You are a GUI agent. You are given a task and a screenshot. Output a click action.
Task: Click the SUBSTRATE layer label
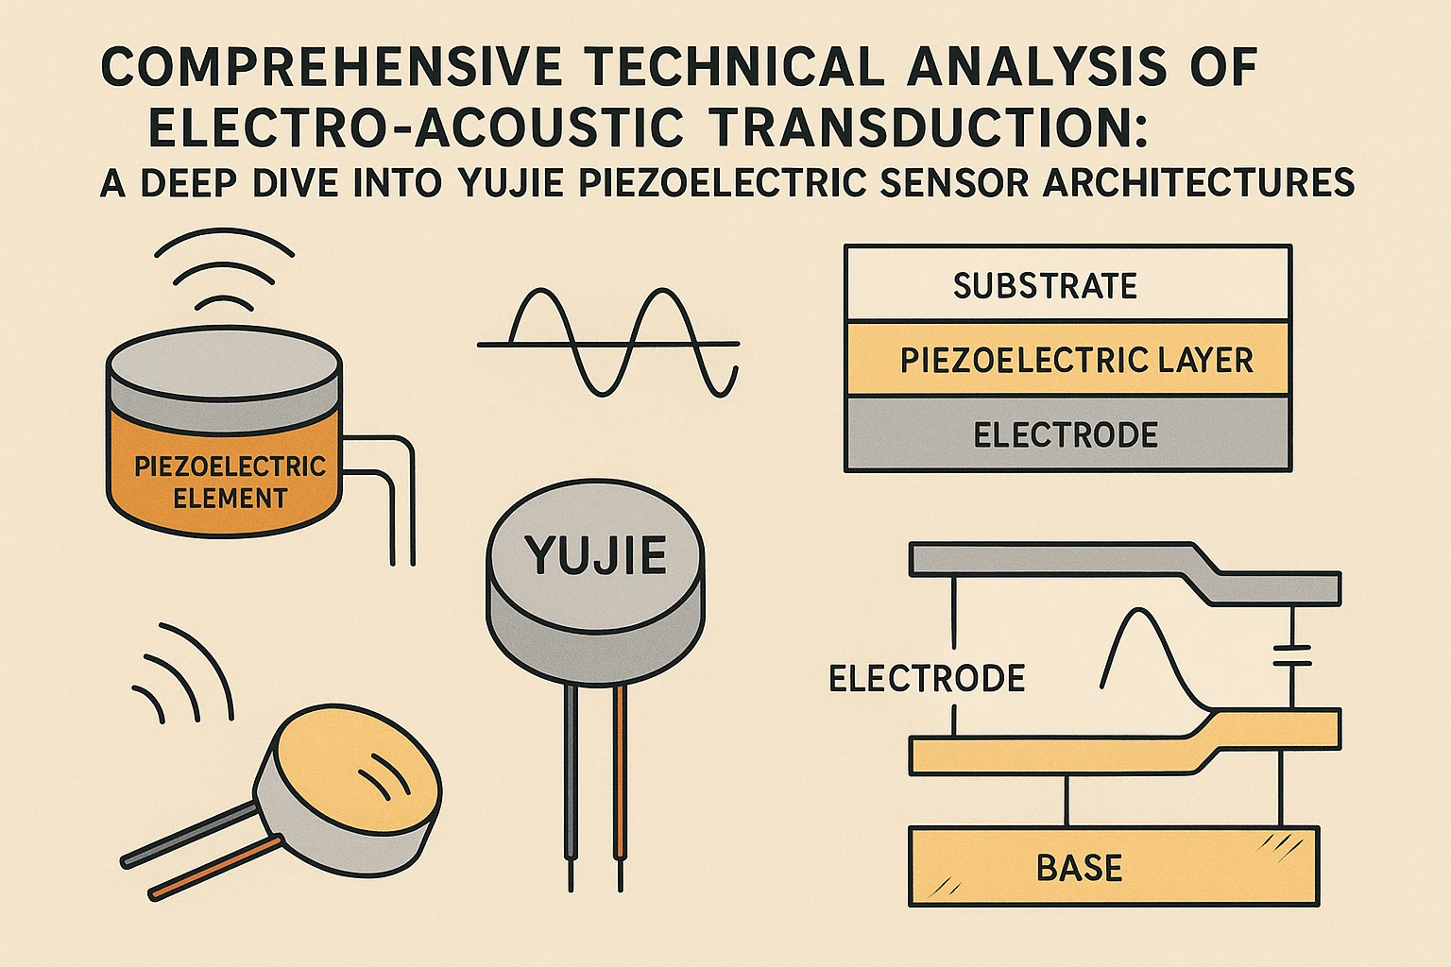1045,285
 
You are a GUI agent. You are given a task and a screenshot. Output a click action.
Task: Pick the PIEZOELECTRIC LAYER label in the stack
1076,360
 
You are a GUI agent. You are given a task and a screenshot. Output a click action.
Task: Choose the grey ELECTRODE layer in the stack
1066,434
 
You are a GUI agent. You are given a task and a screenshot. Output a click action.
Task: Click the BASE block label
1079,868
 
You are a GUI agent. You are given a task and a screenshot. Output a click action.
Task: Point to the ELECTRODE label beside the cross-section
926,678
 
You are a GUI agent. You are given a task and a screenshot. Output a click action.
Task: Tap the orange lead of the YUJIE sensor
620,774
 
